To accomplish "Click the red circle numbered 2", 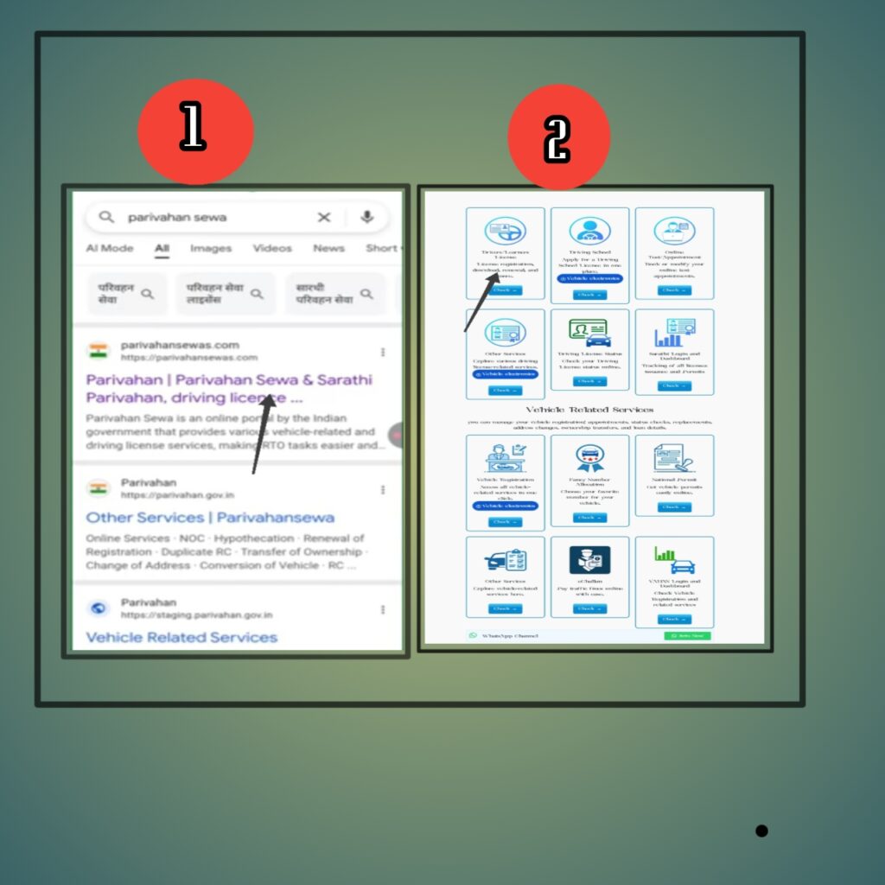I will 558,137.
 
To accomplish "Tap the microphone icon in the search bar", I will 366,217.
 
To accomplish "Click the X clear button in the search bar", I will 324,217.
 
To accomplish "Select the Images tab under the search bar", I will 210,248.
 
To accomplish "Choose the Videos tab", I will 272,248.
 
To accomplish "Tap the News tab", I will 328,248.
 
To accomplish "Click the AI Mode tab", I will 110,248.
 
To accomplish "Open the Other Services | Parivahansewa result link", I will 210,518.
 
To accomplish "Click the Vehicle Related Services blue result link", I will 181,637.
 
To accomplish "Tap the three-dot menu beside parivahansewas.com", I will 383,352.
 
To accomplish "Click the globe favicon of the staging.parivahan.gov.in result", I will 99,608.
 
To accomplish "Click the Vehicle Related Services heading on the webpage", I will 589,410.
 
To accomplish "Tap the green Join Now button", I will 687,636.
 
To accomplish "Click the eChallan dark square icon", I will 589,560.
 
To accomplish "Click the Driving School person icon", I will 589,231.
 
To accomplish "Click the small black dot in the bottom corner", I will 761,831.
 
